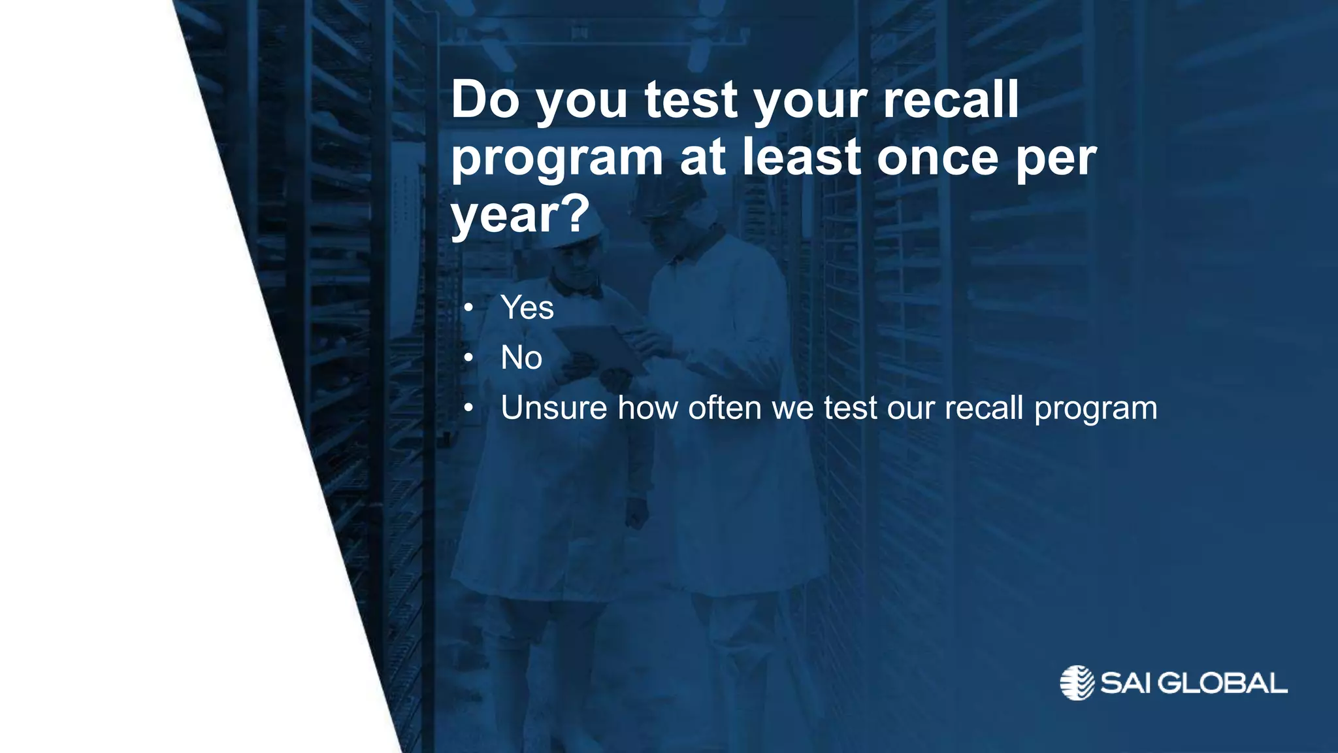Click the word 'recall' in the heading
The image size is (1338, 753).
tap(951, 99)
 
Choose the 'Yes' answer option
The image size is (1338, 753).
tap(527, 307)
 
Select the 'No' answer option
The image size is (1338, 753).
tap(521, 358)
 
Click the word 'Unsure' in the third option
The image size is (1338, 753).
tap(553, 408)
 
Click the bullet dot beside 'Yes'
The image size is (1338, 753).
tap(468, 308)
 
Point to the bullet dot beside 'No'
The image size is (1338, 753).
tap(468, 358)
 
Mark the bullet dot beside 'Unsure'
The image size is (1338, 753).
tap(468, 409)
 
